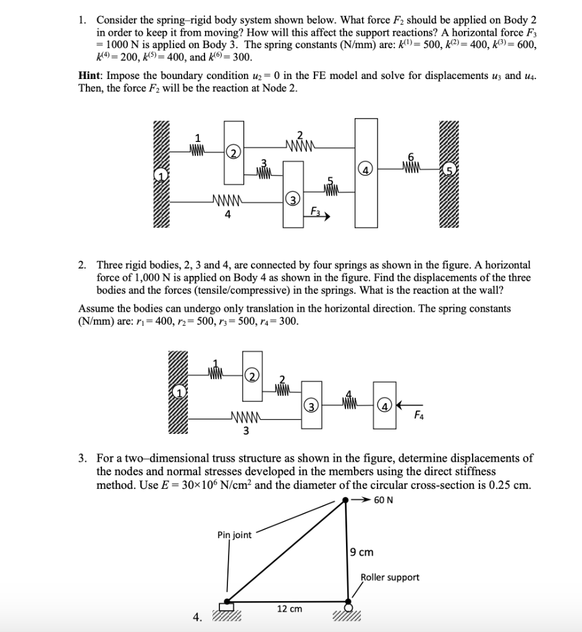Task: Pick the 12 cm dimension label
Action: pyautogui.click(x=289, y=609)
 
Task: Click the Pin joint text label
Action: pyautogui.click(x=234, y=534)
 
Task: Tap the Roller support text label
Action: pyautogui.click(x=390, y=577)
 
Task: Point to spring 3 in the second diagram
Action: pyautogui.click(x=245, y=421)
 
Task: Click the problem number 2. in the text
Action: pyautogui.click(x=82, y=264)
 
